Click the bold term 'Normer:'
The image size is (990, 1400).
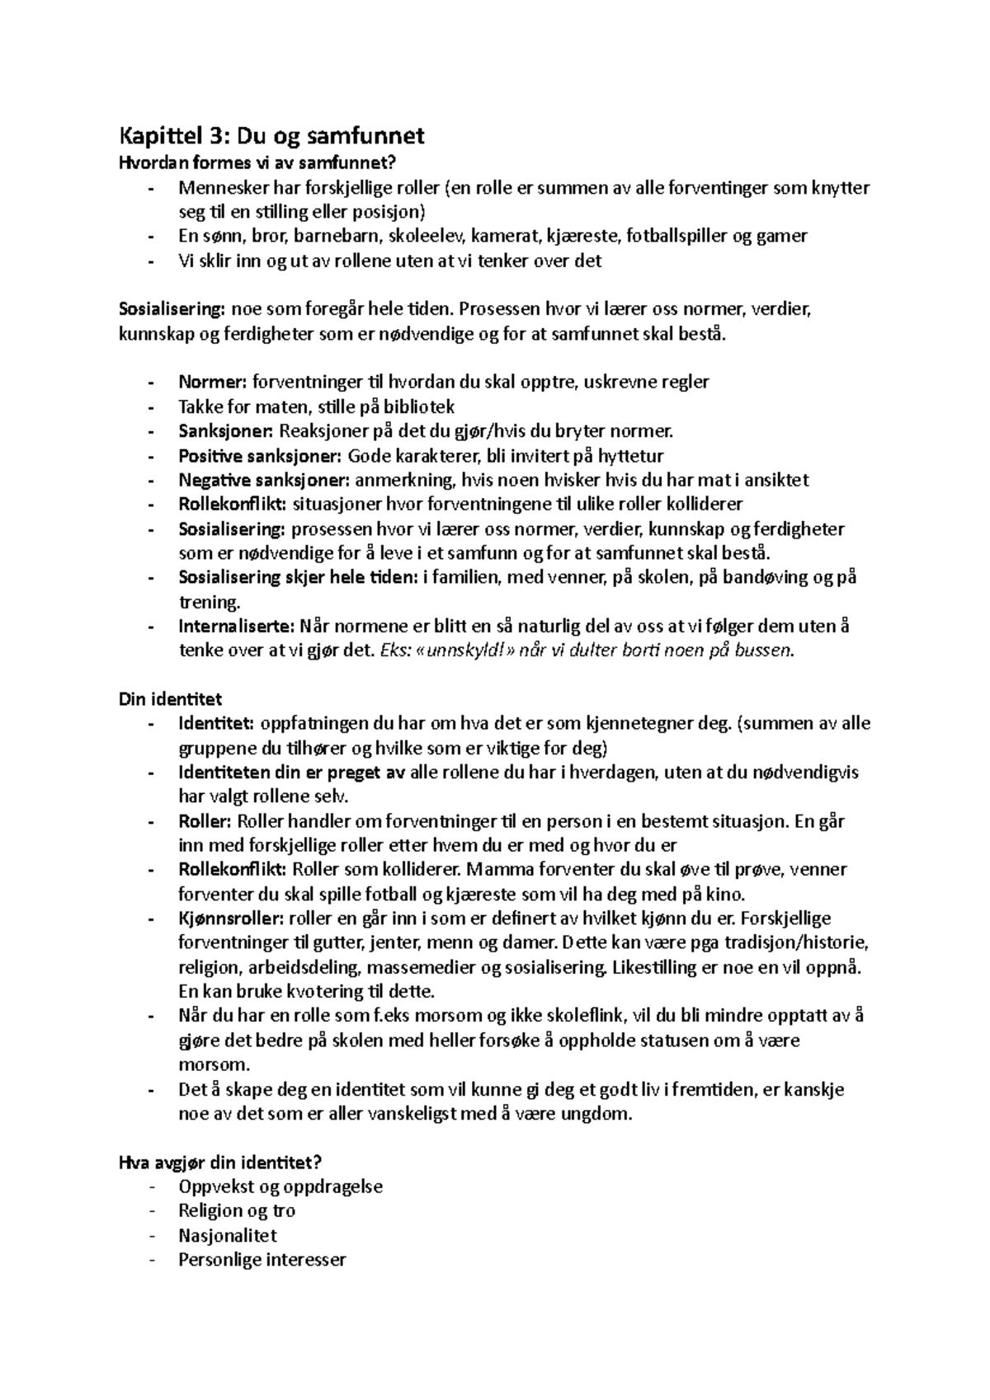pos(212,382)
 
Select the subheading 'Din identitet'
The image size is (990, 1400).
pos(171,699)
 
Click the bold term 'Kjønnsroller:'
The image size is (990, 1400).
pos(232,918)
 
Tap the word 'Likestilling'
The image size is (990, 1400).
pos(655,967)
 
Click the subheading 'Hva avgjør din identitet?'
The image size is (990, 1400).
pos(220,1163)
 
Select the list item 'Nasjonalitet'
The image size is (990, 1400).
pos(227,1236)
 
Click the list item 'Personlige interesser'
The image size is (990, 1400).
pos(262,1260)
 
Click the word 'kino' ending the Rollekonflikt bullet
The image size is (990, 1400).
pos(726,894)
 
